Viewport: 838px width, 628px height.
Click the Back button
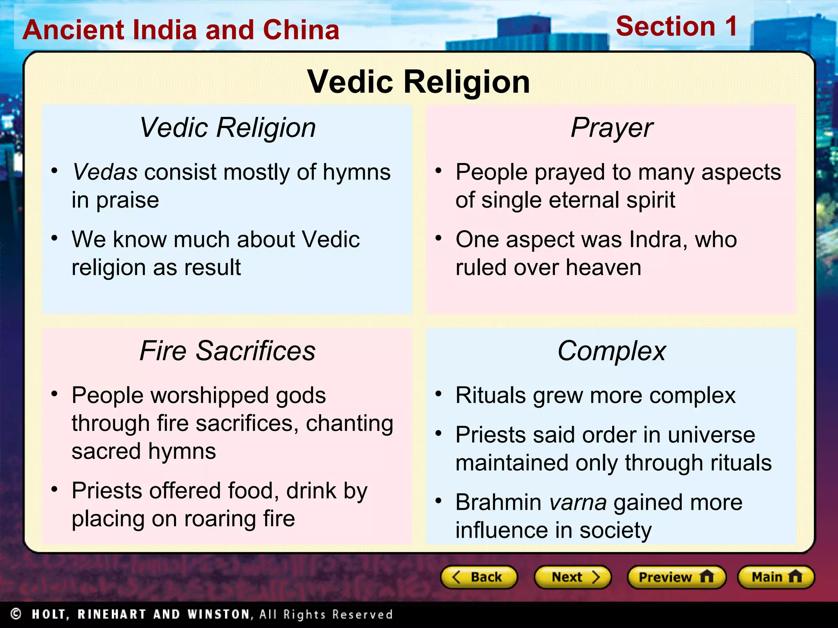coord(479,577)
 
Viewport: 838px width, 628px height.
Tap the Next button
coord(573,577)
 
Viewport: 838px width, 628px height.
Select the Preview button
coord(676,577)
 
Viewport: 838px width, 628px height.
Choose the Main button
coord(776,577)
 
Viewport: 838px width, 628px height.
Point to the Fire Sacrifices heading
coord(228,351)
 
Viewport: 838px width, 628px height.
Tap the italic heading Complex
coord(612,351)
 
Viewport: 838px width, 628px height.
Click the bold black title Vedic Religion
coord(419,82)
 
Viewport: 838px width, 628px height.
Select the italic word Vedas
coord(105,172)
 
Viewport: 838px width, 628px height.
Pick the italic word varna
coord(577,502)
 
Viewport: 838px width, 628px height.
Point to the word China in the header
coord(301,30)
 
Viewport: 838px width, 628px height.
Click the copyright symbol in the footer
coord(16,614)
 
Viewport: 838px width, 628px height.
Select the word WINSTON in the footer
coord(218,614)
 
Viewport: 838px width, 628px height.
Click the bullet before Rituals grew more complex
coord(439,394)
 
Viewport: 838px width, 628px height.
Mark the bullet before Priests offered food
coord(54,489)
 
